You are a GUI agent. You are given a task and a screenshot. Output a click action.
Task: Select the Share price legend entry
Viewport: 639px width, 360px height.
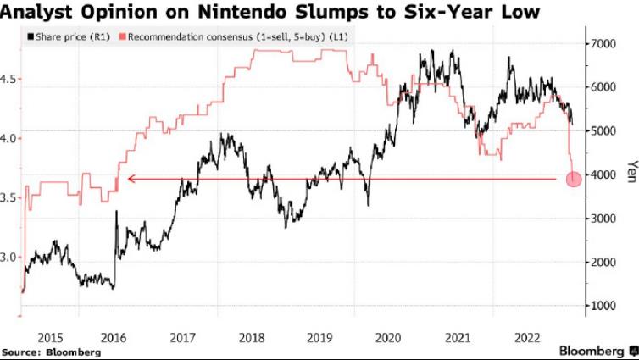[69, 37]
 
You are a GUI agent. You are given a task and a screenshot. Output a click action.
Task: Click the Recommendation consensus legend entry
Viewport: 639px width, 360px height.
[234, 37]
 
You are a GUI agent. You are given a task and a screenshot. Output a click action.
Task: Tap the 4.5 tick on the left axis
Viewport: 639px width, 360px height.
[8, 79]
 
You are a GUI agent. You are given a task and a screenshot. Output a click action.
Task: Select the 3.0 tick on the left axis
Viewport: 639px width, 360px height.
[8, 258]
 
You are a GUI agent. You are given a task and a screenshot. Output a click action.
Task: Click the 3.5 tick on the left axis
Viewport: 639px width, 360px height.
[8, 198]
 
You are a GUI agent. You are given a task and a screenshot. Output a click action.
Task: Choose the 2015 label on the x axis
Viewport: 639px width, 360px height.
[50, 338]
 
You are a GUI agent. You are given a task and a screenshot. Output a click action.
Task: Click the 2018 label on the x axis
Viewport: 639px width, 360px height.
[252, 338]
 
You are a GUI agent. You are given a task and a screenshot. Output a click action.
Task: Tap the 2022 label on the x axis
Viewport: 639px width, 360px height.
[527, 338]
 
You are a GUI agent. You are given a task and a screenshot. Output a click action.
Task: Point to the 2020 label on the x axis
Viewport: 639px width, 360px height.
[388, 338]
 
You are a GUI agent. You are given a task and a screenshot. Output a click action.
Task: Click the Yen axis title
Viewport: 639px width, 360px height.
[632, 171]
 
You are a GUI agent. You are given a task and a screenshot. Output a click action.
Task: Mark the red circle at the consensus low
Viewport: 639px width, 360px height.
[574, 180]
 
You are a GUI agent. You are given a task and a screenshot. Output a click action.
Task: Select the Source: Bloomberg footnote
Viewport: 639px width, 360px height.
[51, 352]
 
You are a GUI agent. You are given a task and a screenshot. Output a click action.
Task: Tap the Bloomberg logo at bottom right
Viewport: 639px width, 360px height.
[597, 351]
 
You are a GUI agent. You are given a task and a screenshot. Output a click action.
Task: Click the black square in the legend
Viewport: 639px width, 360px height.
[31, 37]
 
